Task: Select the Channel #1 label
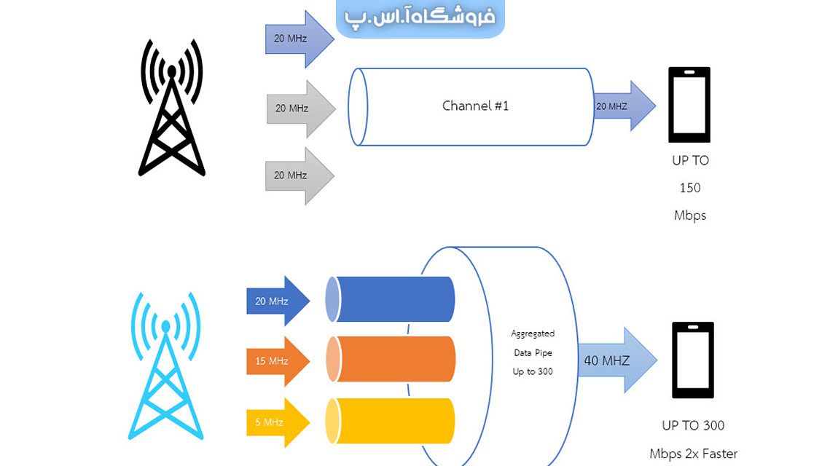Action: (x=475, y=106)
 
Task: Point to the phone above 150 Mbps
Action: (x=689, y=105)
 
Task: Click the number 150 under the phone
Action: (x=689, y=188)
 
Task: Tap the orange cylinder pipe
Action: (x=393, y=359)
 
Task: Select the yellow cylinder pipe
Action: (x=393, y=421)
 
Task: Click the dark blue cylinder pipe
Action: (x=393, y=299)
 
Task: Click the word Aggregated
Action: (x=533, y=333)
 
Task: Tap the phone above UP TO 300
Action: (x=692, y=360)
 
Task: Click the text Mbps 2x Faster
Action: (x=693, y=454)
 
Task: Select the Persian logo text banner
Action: (x=420, y=17)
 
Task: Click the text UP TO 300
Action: (x=693, y=425)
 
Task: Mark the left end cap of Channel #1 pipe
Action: (x=356, y=107)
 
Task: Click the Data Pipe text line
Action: (x=533, y=352)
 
